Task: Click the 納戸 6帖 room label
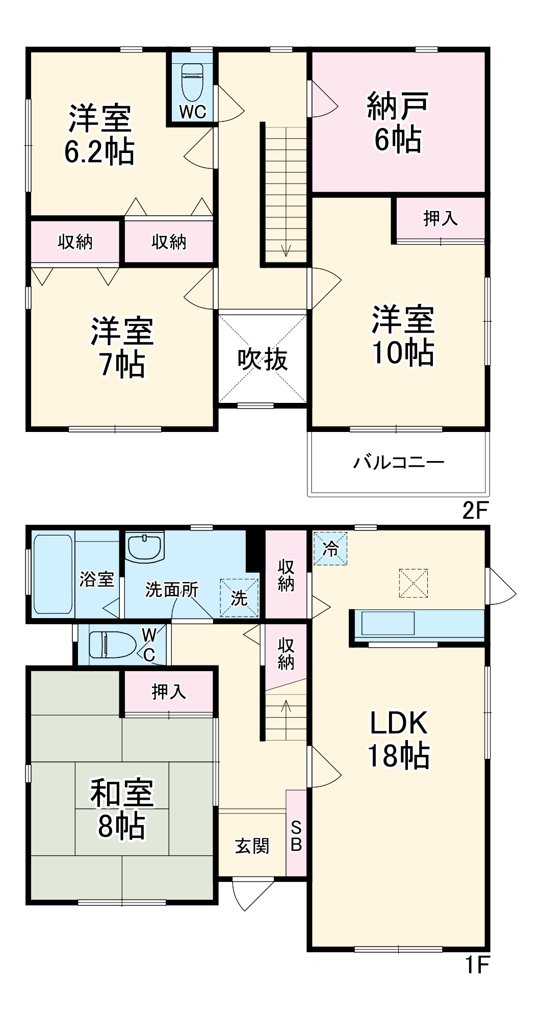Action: coord(398,122)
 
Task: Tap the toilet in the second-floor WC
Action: coord(193,82)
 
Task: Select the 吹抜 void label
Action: coord(263,360)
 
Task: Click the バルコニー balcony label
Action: coord(399,463)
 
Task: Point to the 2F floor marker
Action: coord(475,511)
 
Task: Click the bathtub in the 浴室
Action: coord(53,574)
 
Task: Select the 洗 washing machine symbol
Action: coord(239,598)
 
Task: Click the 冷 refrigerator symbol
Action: coord(330,549)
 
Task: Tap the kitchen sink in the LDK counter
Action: coord(388,623)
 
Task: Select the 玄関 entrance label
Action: coord(252,846)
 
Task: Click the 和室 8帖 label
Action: coord(122,809)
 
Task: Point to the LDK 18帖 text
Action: coord(398,739)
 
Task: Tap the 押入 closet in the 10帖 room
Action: coord(440,219)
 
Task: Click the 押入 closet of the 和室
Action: coord(169,692)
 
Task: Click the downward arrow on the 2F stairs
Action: coord(286,250)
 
